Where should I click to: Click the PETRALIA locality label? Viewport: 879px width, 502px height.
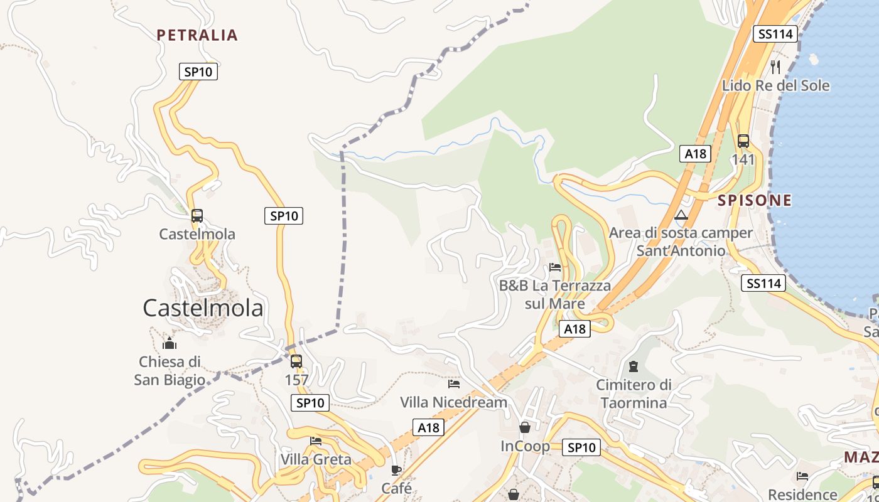click(197, 35)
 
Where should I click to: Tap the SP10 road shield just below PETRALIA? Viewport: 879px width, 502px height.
click(198, 72)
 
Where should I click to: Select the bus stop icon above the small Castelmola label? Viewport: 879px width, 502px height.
click(197, 216)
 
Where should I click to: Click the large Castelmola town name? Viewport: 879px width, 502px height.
click(203, 308)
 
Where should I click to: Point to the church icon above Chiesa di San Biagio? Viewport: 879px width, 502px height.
click(170, 343)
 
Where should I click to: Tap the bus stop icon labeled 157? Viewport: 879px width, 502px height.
click(296, 361)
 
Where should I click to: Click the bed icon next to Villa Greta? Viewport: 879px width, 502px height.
click(316, 441)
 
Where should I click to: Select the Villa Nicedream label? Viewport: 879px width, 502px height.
click(453, 402)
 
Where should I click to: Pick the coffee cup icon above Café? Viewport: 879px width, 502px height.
click(396, 470)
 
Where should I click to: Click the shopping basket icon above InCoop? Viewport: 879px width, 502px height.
click(525, 427)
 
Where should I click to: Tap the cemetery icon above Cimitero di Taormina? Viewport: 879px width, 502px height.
click(634, 366)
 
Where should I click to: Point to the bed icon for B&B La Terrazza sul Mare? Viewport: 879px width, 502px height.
click(555, 267)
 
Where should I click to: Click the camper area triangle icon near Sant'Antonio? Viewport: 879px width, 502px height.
click(681, 215)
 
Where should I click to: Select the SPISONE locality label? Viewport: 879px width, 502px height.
click(755, 201)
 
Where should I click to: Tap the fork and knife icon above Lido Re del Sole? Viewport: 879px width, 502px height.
click(775, 67)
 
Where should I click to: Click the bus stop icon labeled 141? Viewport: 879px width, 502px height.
click(743, 141)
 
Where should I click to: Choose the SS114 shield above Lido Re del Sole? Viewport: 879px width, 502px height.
click(776, 34)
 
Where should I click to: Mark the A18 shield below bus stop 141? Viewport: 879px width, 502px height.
click(695, 154)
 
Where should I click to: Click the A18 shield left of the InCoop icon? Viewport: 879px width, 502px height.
click(428, 427)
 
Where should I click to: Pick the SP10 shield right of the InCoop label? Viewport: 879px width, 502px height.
click(581, 447)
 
